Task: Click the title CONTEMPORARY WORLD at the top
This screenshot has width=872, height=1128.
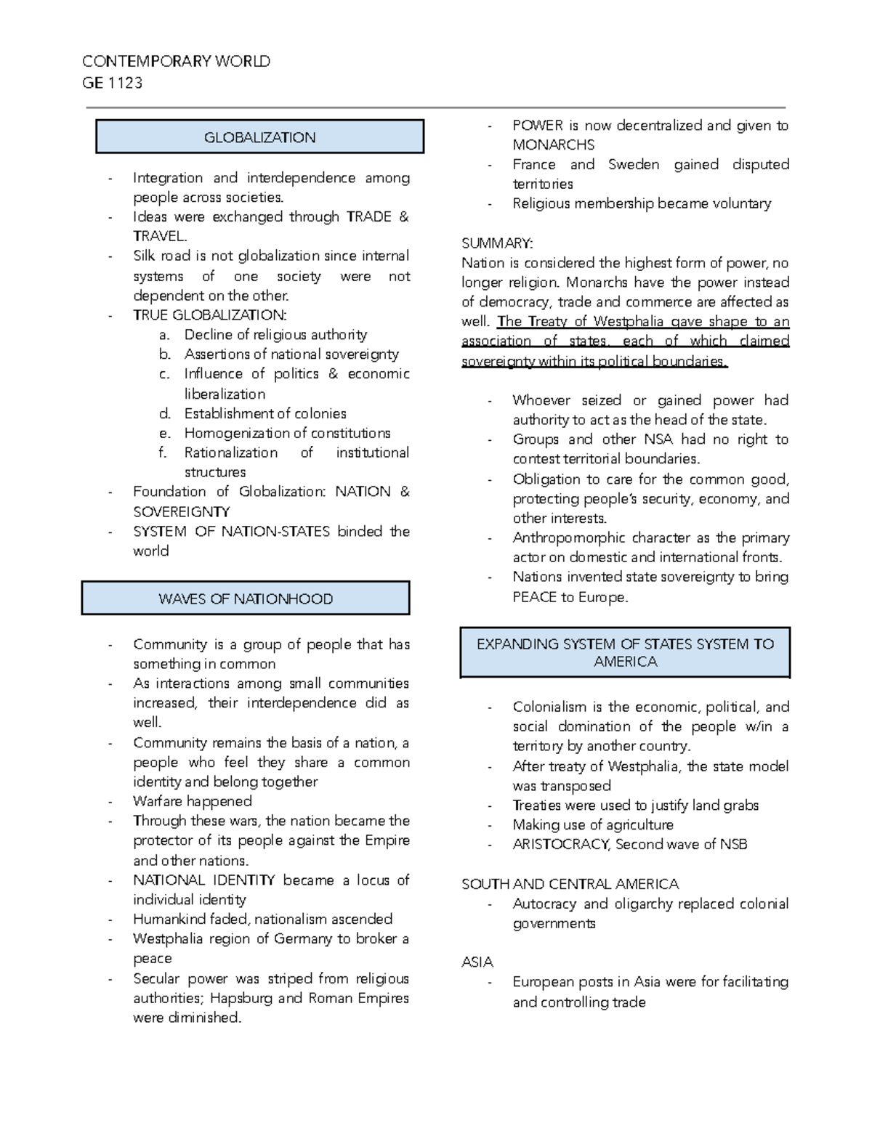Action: point(176,62)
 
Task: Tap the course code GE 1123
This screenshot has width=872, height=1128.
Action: point(112,83)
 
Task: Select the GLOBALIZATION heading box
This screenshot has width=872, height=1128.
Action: point(259,137)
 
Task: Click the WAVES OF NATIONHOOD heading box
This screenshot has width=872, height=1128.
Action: point(246,599)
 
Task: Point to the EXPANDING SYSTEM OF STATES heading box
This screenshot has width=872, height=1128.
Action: point(625,652)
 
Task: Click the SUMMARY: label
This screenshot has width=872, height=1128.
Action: point(497,243)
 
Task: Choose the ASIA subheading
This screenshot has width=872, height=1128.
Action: point(477,962)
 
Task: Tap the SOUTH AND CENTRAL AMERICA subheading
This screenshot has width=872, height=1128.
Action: point(570,884)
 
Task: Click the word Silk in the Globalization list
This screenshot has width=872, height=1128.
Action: point(145,256)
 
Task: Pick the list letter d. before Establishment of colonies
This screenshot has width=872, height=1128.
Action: point(165,414)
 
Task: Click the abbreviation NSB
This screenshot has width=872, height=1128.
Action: point(732,844)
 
